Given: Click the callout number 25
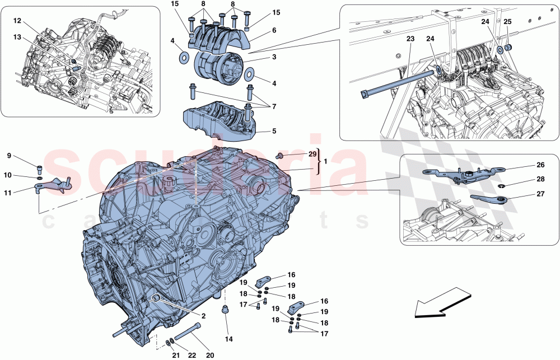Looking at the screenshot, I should point(507,22).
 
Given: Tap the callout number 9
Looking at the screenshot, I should point(8,156).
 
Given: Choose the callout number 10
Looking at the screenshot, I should point(8,175).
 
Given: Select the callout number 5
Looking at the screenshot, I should point(274,132).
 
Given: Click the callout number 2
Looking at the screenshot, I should point(203,316).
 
